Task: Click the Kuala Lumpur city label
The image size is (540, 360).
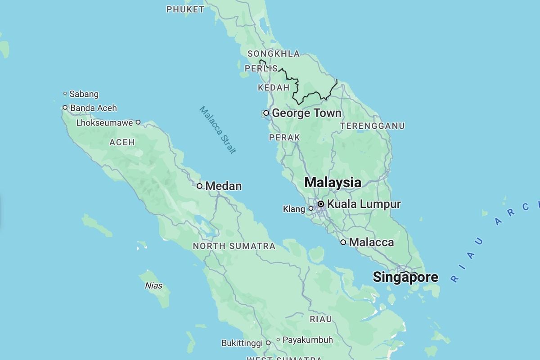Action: tap(364, 204)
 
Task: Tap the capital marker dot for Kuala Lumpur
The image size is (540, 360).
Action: tap(321, 204)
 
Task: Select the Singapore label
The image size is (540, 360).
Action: tap(405, 277)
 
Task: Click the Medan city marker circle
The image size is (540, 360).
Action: tap(199, 186)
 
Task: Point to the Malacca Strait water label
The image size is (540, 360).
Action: tap(218, 130)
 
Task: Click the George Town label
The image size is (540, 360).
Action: tap(306, 113)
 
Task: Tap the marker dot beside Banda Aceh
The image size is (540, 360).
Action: tap(65, 108)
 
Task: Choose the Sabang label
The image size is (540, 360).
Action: tap(84, 94)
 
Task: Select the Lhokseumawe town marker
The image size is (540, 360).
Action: tap(138, 122)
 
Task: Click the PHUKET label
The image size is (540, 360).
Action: tap(185, 9)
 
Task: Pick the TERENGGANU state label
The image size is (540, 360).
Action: tap(372, 126)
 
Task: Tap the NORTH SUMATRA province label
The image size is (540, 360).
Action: tap(234, 246)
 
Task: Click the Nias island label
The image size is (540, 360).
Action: tap(154, 286)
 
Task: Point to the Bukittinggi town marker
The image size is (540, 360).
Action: tap(268, 343)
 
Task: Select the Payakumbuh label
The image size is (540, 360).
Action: tap(308, 340)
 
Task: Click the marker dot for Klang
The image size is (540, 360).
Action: tap(310, 208)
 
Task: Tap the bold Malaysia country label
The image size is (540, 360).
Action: tap(333, 183)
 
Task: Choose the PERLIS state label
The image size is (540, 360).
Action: tap(261, 68)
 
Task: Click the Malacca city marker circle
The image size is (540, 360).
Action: tap(343, 243)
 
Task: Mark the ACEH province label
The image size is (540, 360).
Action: tap(122, 142)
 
